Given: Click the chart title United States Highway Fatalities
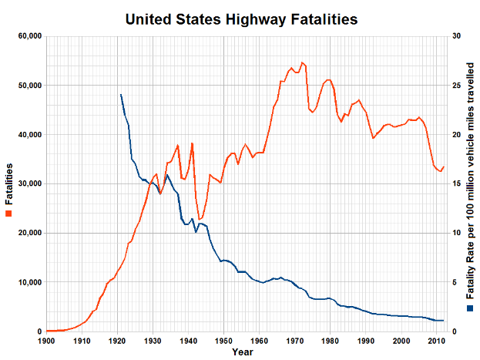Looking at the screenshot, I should [x=240, y=18].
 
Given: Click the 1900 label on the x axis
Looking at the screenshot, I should [x=46, y=341].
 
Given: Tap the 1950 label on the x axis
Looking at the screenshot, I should [x=223, y=341].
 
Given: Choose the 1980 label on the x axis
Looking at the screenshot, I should [x=330, y=341].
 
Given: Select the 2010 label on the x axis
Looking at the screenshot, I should [x=436, y=341].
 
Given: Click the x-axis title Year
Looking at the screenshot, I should [x=241, y=352].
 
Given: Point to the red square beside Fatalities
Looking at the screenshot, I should [x=9, y=213].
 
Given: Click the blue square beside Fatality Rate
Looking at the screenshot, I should [x=472, y=307].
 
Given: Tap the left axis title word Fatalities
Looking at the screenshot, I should [x=9, y=183].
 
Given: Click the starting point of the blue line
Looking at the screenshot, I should [x=121, y=95].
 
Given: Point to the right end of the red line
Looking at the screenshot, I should [x=443, y=167].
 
